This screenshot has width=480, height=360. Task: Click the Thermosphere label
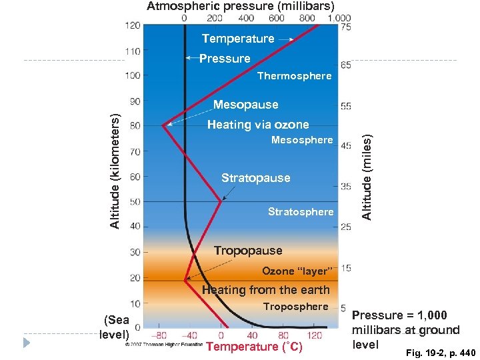(x=294, y=76)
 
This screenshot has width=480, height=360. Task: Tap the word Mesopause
(x=245, y=105)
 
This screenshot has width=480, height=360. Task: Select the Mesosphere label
(x=301, y=140)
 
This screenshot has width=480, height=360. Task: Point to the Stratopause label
(x=255, y=178)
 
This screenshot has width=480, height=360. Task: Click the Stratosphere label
(x=300, y=212)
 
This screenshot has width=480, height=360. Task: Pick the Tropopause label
(x=248, y=251)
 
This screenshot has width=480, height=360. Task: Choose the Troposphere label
(x=295, y=307)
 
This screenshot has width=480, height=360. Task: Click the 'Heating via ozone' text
(x=258, y=125)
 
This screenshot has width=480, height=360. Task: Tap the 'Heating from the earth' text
(x=265, y=289)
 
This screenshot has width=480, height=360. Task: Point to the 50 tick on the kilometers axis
(x=135, y=202)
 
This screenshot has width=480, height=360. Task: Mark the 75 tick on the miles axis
(x=346, y=27)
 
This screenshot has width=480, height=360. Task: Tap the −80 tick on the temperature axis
(x=159, y=336)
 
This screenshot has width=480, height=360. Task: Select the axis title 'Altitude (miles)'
(x=365, y=173)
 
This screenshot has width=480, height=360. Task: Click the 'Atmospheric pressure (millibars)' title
(x=241, y=7)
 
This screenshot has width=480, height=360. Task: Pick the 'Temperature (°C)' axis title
(x=254, y=347)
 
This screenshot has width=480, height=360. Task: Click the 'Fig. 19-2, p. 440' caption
(x=436, y=351)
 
